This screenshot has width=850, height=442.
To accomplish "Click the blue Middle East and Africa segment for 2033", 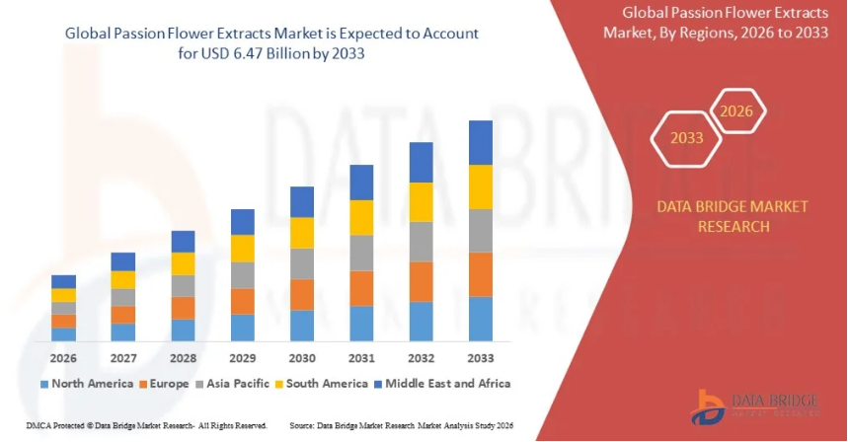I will point(481,142).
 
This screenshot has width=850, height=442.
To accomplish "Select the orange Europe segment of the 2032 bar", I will point(422,281).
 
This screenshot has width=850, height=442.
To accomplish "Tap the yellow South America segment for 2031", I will point(361,217).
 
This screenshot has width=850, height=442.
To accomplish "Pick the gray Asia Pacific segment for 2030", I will point(302,263).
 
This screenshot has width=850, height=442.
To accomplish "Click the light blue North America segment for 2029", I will point(242,328).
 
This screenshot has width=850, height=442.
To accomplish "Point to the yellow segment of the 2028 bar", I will point(183,263).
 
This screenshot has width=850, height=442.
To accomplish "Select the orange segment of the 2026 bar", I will point(63,321).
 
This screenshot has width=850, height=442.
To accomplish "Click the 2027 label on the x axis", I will point(123,357).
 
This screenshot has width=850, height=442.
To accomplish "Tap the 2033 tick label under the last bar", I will point(481,357).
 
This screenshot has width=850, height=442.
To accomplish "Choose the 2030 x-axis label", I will point(302,357).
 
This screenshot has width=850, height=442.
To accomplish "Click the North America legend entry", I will point(88,383).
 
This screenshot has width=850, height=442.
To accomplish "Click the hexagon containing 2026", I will point(736,111).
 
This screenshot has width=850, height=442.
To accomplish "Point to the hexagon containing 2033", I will point(687,138).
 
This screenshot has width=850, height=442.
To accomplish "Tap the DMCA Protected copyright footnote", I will point(136,425).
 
